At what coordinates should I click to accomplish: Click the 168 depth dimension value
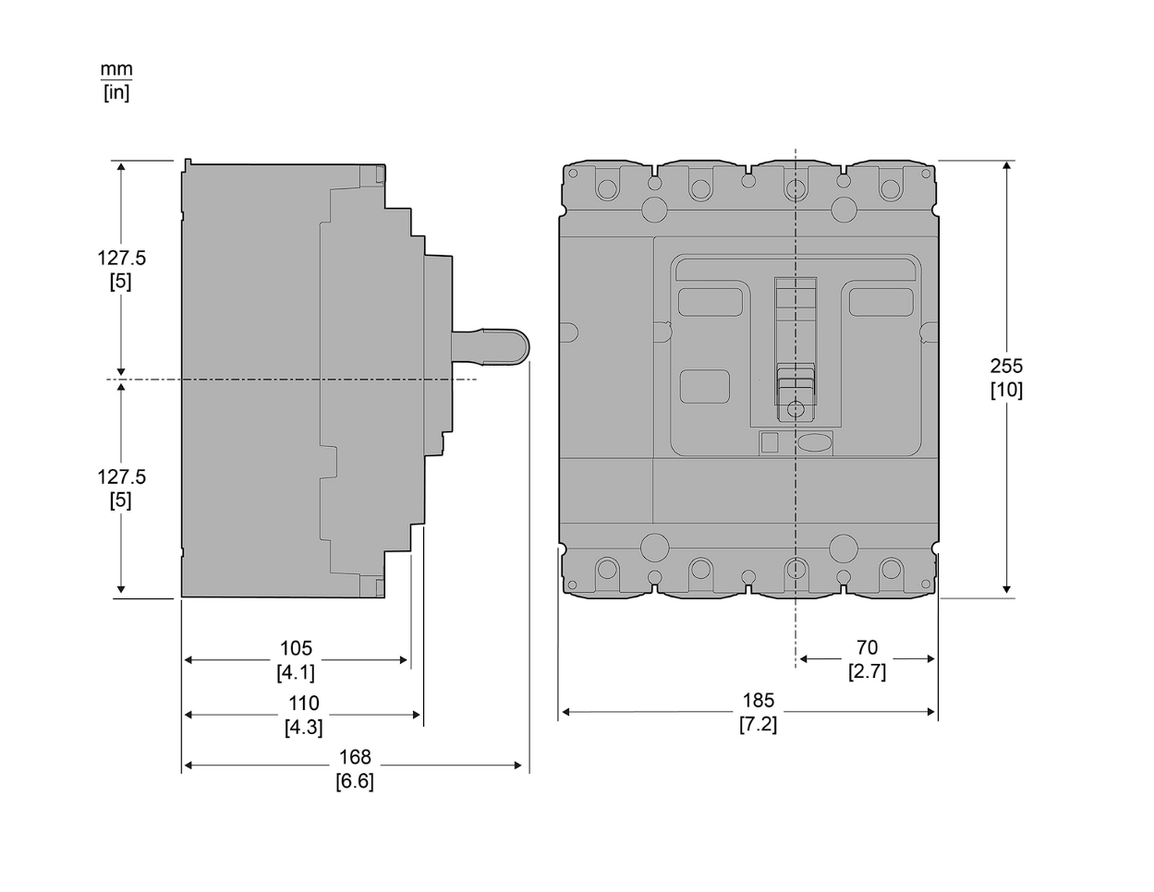(355, 757)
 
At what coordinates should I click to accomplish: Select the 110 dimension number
(304, 703)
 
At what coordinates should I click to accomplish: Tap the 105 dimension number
(296, 648)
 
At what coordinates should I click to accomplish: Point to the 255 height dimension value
(1006, 367)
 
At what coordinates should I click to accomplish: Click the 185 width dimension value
(759, 701)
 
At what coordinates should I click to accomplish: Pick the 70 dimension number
(868, 647)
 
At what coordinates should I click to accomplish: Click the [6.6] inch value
(355, 781)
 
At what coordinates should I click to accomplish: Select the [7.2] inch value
(759, 724)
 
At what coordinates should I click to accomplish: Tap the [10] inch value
(1006, 390)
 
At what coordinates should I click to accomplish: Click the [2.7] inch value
(868, 672)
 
